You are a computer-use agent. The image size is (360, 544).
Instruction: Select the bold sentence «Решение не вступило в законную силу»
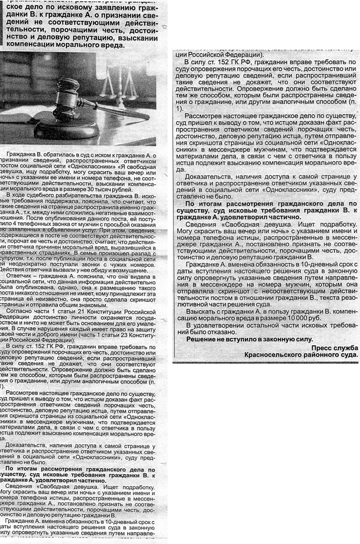249,339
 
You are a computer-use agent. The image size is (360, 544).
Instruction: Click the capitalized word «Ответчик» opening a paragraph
18,276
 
